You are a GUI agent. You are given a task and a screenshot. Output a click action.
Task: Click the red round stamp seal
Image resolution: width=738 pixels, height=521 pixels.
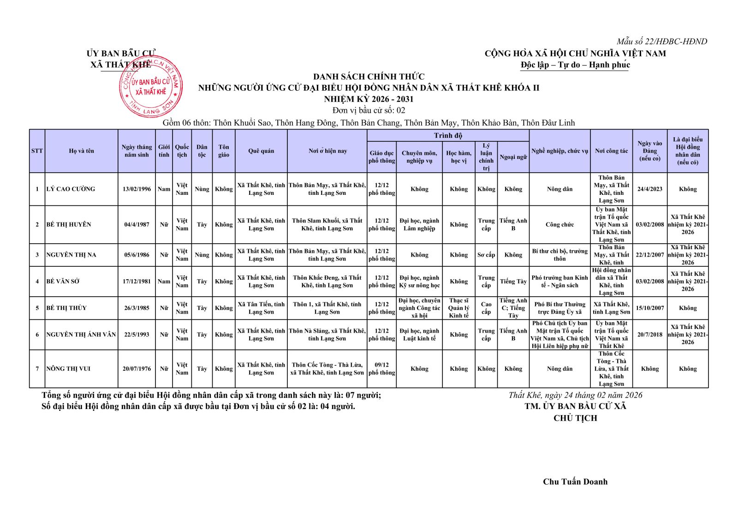tap(151, 87)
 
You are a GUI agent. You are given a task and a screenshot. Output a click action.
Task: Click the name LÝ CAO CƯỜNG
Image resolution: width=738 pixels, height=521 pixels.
tap(71, 189)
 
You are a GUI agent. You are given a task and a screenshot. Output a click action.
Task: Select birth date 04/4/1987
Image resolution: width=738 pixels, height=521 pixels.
tap(137, 224)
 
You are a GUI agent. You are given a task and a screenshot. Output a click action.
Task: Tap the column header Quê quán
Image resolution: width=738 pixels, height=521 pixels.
tap(261, 151)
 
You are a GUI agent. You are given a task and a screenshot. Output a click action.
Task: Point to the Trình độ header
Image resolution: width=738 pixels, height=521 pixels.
tap(447, 135)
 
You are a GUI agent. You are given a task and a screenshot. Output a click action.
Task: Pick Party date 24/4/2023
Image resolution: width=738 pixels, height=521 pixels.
tap(649, 189)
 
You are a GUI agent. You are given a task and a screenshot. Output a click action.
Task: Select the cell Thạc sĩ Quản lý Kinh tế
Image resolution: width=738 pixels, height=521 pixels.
tap(458, 308)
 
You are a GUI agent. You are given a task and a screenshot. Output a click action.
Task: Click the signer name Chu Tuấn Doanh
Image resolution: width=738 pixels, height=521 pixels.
tap(575, 482)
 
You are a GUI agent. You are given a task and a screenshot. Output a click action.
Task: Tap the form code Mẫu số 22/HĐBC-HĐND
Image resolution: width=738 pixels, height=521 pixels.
tap(661, 41)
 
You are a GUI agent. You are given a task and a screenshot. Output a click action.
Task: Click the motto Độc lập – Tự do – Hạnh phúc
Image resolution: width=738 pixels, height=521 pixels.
tap(575, 65)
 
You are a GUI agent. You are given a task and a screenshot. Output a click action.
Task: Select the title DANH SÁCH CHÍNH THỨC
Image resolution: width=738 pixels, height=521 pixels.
tap(369, 76)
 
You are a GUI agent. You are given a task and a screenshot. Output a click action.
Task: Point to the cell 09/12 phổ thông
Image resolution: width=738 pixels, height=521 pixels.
tap(381, 369)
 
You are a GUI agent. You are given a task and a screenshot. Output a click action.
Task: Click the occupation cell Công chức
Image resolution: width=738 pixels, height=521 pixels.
tap(559, 224)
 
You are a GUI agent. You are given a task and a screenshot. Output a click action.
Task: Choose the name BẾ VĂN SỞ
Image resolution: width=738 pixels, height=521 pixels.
tap(63, 281)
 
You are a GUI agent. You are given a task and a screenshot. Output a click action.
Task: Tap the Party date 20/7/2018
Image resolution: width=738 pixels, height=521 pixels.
tap(649, 334)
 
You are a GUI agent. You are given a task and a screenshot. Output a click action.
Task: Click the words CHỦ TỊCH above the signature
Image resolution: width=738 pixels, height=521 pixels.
tap(575, 418)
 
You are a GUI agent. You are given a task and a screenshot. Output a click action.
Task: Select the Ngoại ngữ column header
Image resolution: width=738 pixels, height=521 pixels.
tap(513, 157)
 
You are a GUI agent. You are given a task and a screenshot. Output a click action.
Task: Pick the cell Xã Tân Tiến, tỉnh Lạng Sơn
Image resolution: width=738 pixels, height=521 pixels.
tap(261, 308)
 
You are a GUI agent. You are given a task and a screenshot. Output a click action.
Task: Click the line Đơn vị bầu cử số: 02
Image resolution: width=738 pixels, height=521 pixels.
tap(369, 111)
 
